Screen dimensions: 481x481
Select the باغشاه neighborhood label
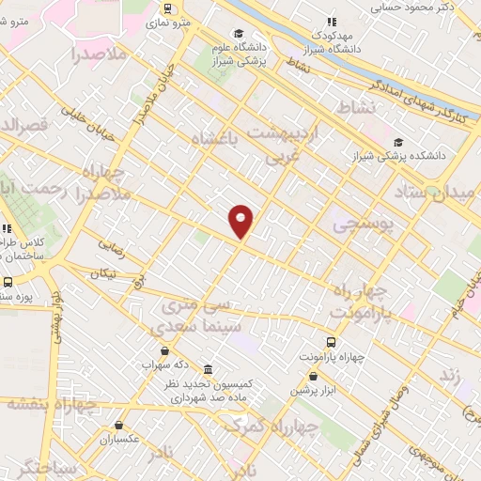tap(217, 140)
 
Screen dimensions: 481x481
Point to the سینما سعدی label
tap(193, 323)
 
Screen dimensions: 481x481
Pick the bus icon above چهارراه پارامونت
tap(331, 342)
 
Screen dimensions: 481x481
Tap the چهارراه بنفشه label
tap(52, 404)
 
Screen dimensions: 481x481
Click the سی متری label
tap(195, 306)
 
